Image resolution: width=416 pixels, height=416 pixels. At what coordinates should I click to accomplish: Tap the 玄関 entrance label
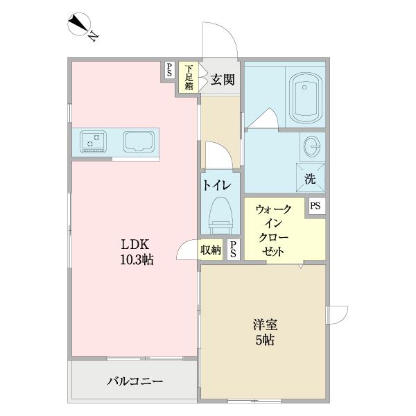[x=223, y=79]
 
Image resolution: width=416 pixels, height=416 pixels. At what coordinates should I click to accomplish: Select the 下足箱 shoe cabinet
[x=189, y=78]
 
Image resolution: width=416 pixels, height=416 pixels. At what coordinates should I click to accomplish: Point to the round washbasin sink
[x=311, y=146]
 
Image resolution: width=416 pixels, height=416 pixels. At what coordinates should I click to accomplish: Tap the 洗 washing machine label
[x=310, y=178]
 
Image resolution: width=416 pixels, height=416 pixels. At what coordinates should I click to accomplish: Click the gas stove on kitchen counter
[x=93, y=141]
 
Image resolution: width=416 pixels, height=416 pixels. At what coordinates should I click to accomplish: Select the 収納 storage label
[x=211, y=250]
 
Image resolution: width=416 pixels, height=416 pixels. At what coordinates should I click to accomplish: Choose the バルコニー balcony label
[x=135, y=381]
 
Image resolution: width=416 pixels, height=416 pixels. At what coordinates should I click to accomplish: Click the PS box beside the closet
[x=315, y=206]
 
